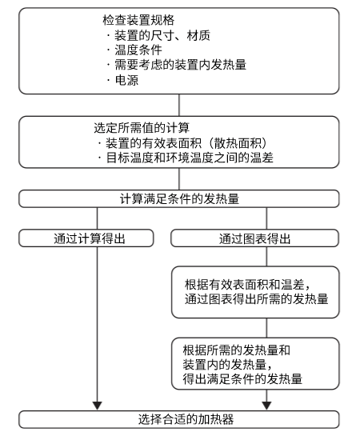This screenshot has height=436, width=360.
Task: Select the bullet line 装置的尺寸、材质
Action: (x=152, y=34)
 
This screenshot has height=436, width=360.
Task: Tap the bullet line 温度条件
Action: (x=131, y=50)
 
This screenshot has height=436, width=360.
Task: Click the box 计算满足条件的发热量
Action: (x=180, y=197)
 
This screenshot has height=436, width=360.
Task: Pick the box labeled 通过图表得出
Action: (x=254, y=238)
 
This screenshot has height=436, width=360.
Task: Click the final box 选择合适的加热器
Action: (x=180, y=418)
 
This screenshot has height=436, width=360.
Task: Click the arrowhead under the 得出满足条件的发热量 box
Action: (x=266, y=405)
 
